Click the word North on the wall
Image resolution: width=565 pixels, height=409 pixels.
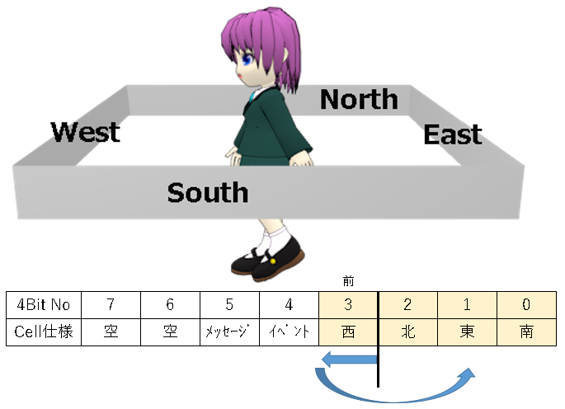click(x=359, y=99)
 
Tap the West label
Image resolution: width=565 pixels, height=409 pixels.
click(x=86, y=131)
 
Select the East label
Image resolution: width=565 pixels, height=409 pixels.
click(x=453, y=134)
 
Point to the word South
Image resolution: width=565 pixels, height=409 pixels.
click(x=208, y=192)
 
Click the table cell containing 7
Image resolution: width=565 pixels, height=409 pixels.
click(x=111, y=304)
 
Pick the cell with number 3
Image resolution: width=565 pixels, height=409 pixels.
click(x=348, y=304)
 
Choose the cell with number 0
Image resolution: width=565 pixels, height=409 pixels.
click(x=526, y=304)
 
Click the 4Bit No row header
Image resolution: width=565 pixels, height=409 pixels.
click(x=43, y=304)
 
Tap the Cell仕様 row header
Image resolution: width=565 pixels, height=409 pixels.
click(x=43, y=331)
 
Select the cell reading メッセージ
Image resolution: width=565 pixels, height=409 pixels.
click(x=229, y=331)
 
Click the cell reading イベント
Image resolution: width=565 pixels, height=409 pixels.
click(x=289, y=331)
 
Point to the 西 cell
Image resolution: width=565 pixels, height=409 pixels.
click(x=348, y=331)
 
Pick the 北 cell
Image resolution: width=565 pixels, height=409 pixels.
click(x=407, y=331)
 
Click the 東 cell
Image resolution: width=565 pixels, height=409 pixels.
click(x=467, y=331)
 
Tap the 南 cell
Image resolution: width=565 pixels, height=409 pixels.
click(x=526, y=331)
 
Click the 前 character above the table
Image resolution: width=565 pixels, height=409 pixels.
click(x=348, y=281)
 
